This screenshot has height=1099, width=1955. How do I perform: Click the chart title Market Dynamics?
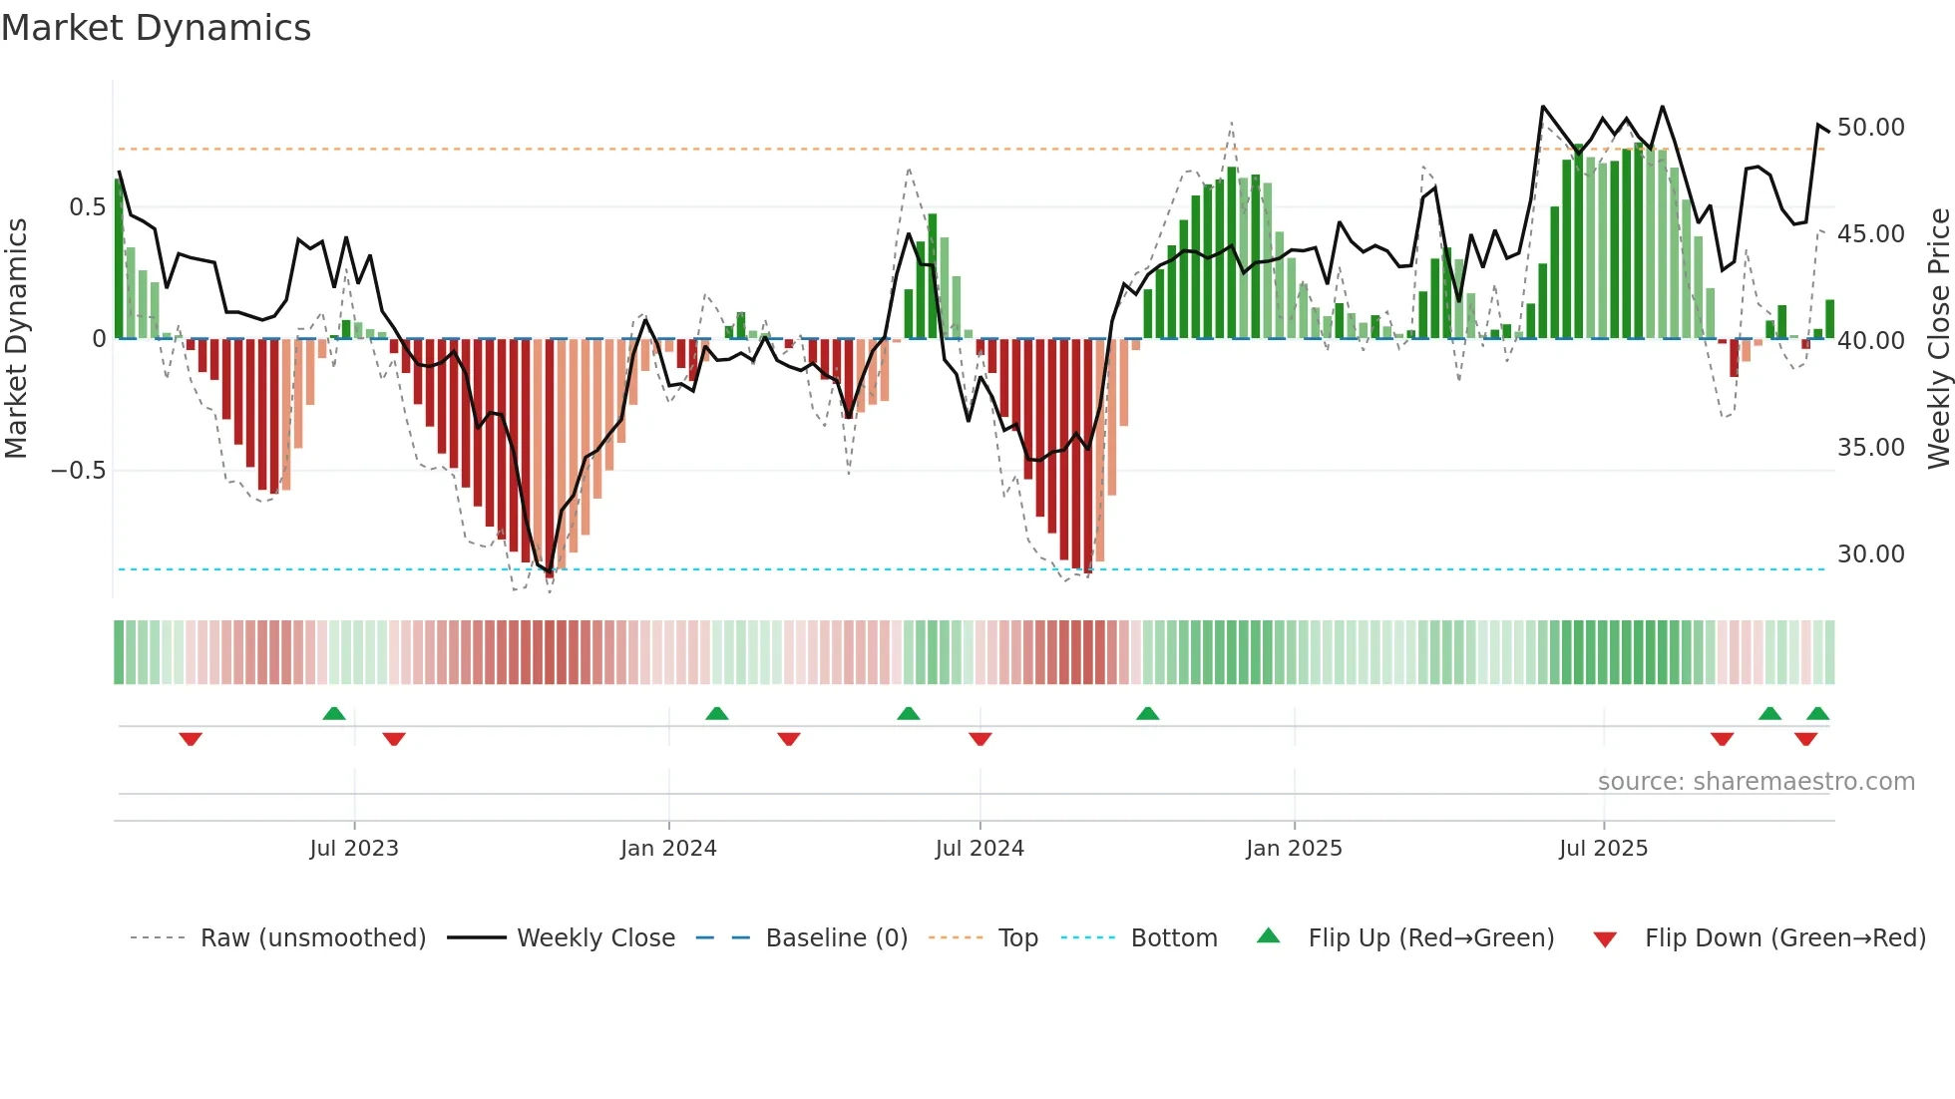156,28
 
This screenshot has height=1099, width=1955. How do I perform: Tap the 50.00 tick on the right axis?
1870,128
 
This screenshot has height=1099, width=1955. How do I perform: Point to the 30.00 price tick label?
1870,554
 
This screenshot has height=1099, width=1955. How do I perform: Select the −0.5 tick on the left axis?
79,471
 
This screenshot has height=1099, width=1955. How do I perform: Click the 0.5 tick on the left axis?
87,207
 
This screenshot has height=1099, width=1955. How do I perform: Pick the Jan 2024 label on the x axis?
668,849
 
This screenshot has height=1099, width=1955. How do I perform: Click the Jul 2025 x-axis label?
1603,849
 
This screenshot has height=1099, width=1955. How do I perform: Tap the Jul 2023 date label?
354,849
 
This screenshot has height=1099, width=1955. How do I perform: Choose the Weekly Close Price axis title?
1938,339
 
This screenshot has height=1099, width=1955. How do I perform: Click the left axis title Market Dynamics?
16,339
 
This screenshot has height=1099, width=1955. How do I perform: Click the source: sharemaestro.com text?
1756,782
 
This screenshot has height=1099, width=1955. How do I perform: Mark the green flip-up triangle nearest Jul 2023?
334,713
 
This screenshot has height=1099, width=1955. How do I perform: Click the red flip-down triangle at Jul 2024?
979,739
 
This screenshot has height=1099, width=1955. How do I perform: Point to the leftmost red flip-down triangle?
191,739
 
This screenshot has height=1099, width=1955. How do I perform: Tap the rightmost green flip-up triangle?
1817,713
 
